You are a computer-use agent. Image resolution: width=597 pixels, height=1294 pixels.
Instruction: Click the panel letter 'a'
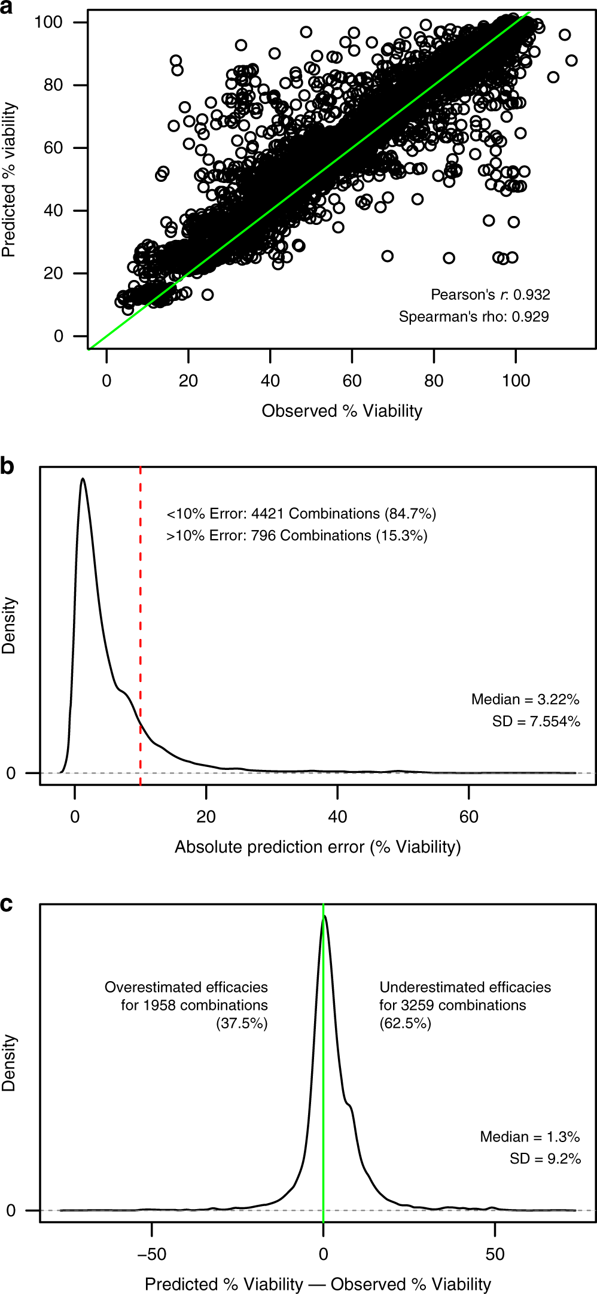coord(7,8)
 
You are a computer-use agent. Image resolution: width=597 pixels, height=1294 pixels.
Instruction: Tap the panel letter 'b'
coord(7,466)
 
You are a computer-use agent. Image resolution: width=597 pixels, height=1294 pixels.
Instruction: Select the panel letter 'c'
coord(7,903)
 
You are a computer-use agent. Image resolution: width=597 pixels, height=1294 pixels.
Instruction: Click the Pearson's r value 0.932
coord(532,295)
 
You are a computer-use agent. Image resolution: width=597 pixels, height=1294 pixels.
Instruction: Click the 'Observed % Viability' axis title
coord(342,411)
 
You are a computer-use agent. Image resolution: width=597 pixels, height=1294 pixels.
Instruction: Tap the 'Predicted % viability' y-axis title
coord(9,179)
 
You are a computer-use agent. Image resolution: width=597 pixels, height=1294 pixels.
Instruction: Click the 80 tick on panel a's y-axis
coord(53,85)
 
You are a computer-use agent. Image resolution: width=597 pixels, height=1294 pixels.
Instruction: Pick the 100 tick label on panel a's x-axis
coord(516,381)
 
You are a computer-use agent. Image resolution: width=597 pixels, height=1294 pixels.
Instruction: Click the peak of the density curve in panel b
coord(83,479)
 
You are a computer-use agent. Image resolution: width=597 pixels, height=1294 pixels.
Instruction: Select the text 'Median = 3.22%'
coord(525,699)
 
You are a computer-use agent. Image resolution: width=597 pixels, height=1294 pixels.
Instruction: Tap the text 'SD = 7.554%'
coord(536,721)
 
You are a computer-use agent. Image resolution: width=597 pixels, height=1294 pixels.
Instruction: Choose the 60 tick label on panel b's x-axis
coord(469,817)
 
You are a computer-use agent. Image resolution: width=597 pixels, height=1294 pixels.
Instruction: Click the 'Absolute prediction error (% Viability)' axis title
coord(318,847)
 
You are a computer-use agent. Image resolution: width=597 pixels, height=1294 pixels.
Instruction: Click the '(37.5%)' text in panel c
coord(242,1023)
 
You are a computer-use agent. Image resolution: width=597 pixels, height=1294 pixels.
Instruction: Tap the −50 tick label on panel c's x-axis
coord(151,1254)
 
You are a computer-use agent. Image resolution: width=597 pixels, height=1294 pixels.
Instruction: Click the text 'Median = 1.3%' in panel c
coord(529,1137)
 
